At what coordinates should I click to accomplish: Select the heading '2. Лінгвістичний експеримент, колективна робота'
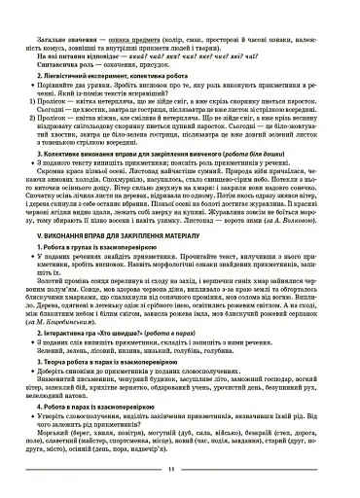(x=107, y=75)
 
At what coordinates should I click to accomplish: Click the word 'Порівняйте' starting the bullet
(x=61, y=85)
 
